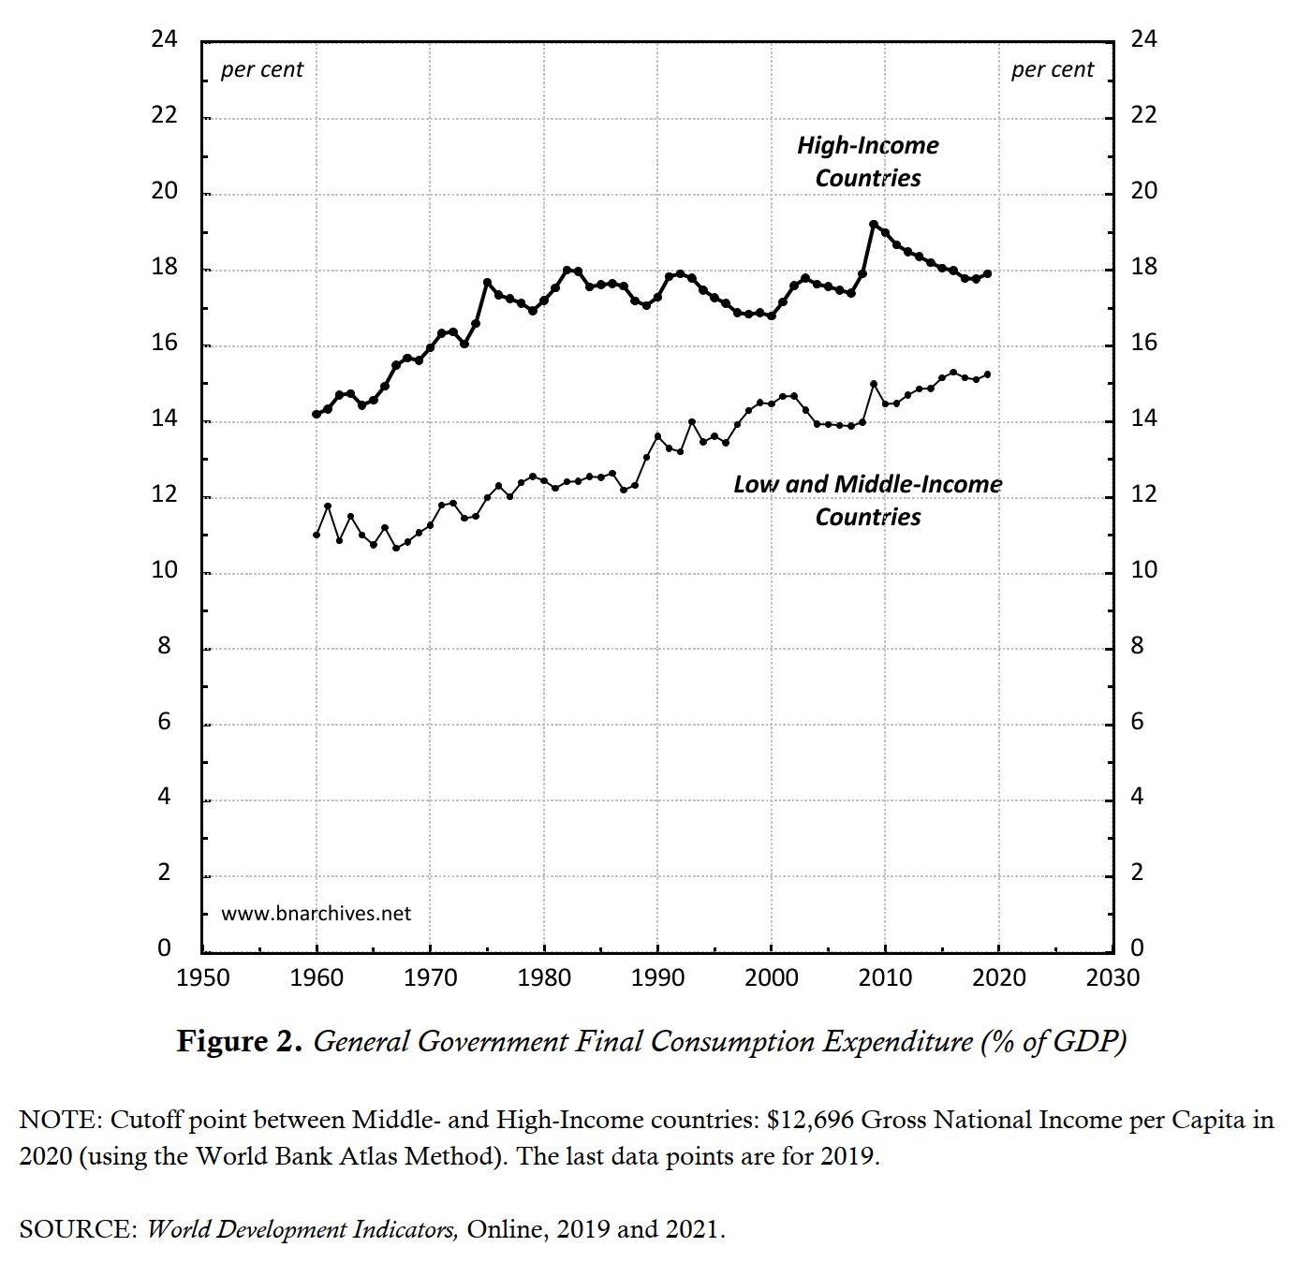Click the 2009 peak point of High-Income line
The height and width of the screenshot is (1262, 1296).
(x=874, y=225)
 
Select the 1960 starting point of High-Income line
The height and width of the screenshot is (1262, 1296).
(x=317, y=414)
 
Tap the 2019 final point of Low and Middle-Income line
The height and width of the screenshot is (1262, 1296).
(x=987, y=374)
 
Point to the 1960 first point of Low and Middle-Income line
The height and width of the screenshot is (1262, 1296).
(x=317, y=535)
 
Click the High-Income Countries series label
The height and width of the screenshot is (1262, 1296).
(x=867, y=161)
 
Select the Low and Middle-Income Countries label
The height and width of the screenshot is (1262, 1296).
(x=867, y=500)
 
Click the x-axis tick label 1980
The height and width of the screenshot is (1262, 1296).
(x=544, y=978)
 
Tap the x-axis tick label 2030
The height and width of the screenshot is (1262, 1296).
(x=1112, y=978)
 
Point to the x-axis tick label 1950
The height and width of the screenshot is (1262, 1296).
(x=202, y=978)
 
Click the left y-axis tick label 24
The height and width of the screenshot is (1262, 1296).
(x=164, y=39)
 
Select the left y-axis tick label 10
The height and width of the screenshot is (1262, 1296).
(x=164, y=570)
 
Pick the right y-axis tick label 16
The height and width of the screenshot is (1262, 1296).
(x=1143, y=344)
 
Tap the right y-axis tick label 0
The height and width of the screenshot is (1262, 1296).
(x=1137, y=948)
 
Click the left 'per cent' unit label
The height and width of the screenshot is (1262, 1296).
(x=262, y=70)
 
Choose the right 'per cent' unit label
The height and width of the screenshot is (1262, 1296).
(x=1052, y=70)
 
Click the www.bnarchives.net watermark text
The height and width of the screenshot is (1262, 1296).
(x=316, y=914)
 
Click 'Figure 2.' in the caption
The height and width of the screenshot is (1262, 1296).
(x=240, y=1041)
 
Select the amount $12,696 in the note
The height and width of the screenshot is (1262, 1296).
(x=808, y=1120)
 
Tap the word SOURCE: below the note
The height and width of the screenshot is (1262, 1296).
(x=78, y=1229)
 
